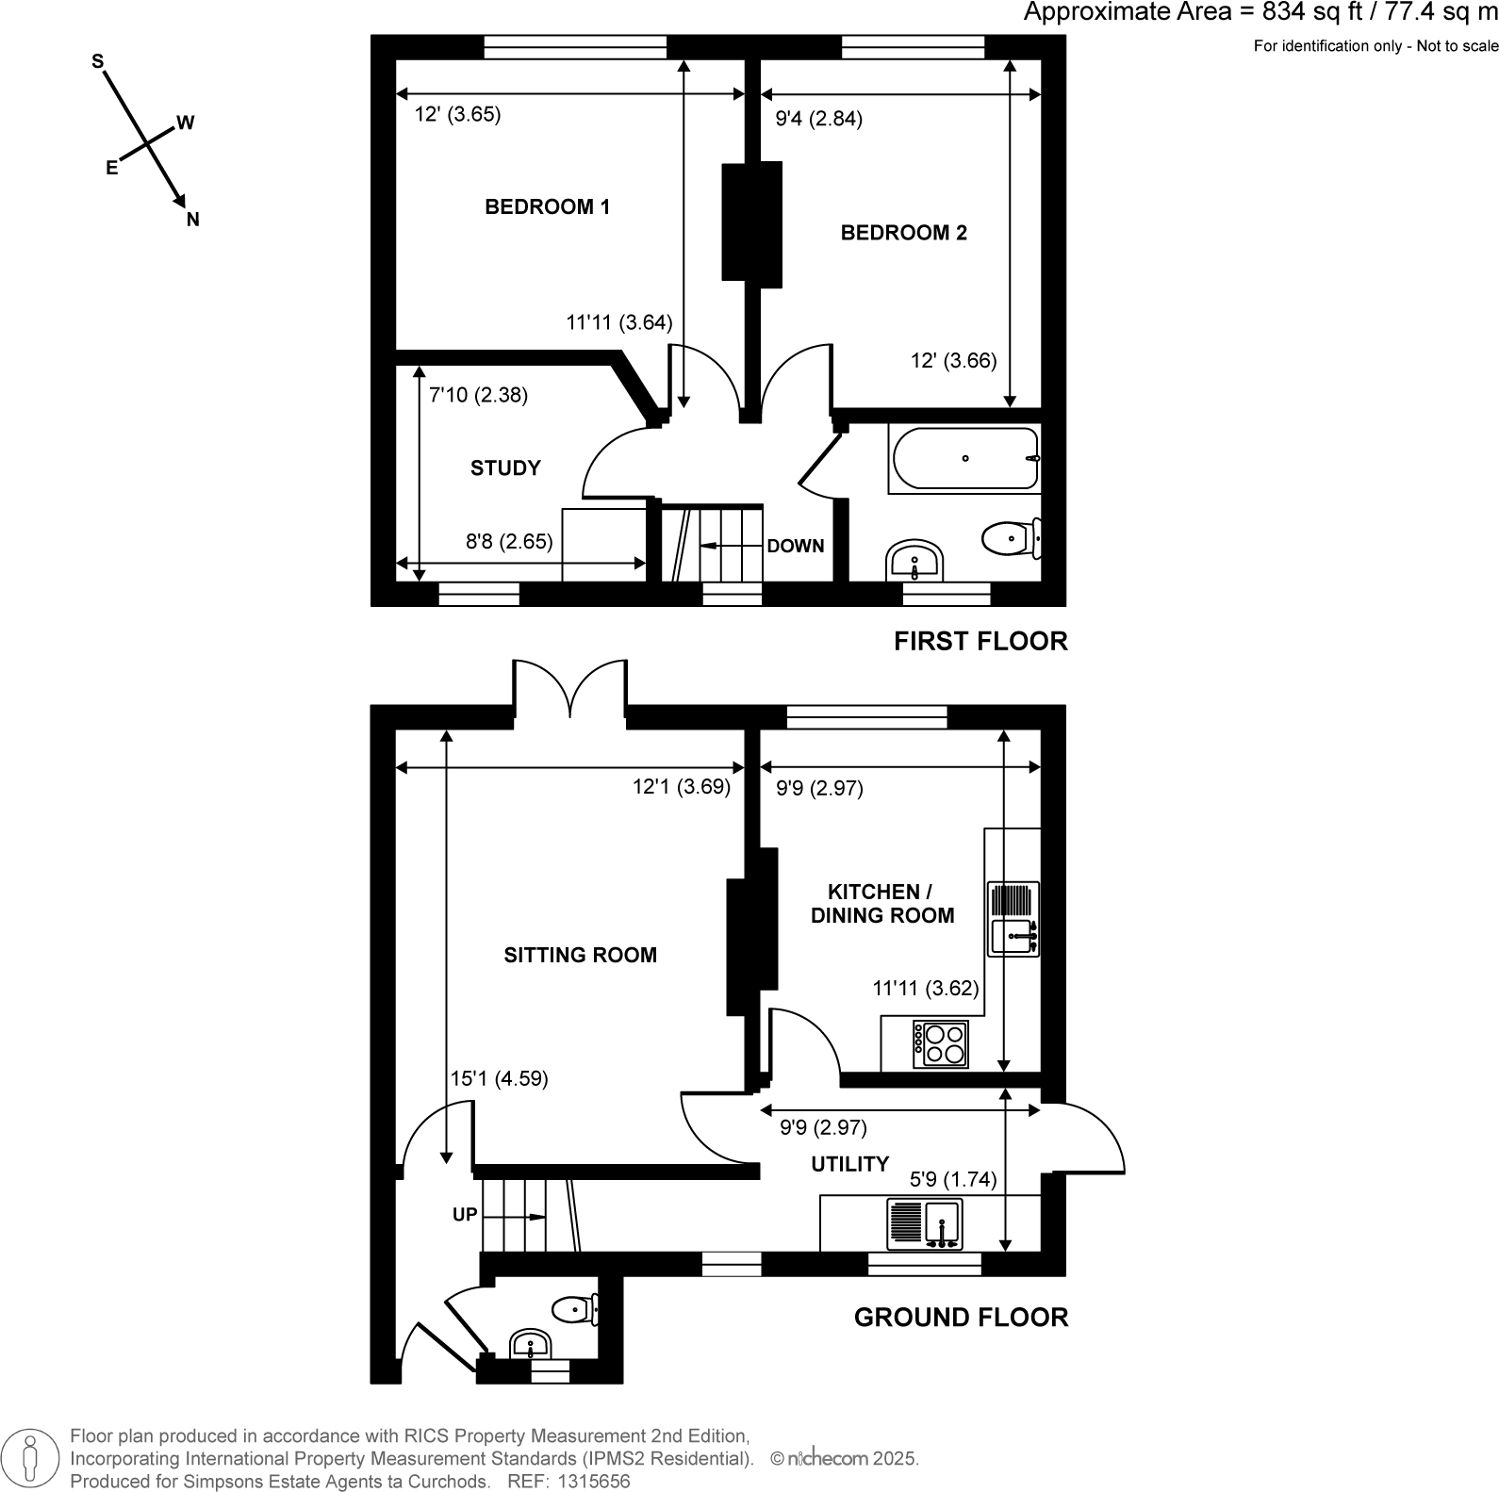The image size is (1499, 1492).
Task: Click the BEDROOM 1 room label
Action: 547,206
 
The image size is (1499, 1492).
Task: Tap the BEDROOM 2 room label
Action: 903,232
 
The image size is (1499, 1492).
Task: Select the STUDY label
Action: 505,468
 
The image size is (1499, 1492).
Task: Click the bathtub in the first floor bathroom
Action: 964,459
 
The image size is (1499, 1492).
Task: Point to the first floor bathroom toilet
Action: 1010,539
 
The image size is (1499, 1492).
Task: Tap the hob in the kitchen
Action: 941,1044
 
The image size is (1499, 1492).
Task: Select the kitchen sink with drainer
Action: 1013,919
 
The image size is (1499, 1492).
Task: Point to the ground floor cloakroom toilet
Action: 575,1309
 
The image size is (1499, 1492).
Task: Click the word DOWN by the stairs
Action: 795,546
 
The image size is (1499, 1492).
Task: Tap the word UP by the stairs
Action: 465,1215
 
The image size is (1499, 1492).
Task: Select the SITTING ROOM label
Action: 580,955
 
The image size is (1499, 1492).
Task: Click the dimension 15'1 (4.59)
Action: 499,1078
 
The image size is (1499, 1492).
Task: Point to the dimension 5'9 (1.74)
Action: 952,1179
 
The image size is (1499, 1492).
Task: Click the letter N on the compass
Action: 193,221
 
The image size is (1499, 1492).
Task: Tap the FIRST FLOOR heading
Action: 980,642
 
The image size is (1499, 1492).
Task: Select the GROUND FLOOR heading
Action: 961,1317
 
